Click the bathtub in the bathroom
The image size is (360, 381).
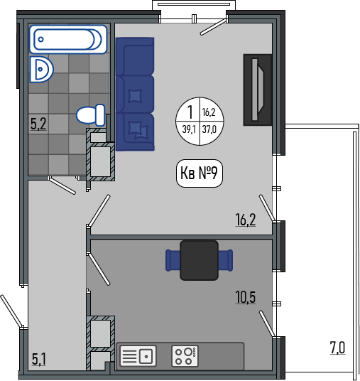pos(68,39)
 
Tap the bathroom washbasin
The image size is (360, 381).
pos(41,70)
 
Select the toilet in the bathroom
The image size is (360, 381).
pos(91,115)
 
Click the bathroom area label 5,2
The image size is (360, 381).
pos(38,124)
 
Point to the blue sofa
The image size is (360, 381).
pos(135,95)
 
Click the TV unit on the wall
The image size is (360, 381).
pos(258,90)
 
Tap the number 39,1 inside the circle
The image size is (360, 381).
pos(190,129)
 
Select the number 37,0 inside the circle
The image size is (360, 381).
pos(209,129)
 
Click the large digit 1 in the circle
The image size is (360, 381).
pos(190,112)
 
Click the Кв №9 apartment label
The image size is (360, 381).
pos(200,173)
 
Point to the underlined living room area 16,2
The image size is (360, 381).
pos(246,220)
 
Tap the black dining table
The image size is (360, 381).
pos(199,260)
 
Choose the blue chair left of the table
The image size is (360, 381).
pos(173,260)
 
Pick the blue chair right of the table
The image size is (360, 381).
pos(226,260)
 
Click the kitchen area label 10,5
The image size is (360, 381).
pos(246,297)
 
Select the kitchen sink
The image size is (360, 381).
pos(138,356)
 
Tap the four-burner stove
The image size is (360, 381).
pos(185,356)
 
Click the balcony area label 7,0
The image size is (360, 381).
pos(337,348)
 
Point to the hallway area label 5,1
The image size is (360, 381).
pos(39,360)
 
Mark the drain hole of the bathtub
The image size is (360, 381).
pos(40,39)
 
